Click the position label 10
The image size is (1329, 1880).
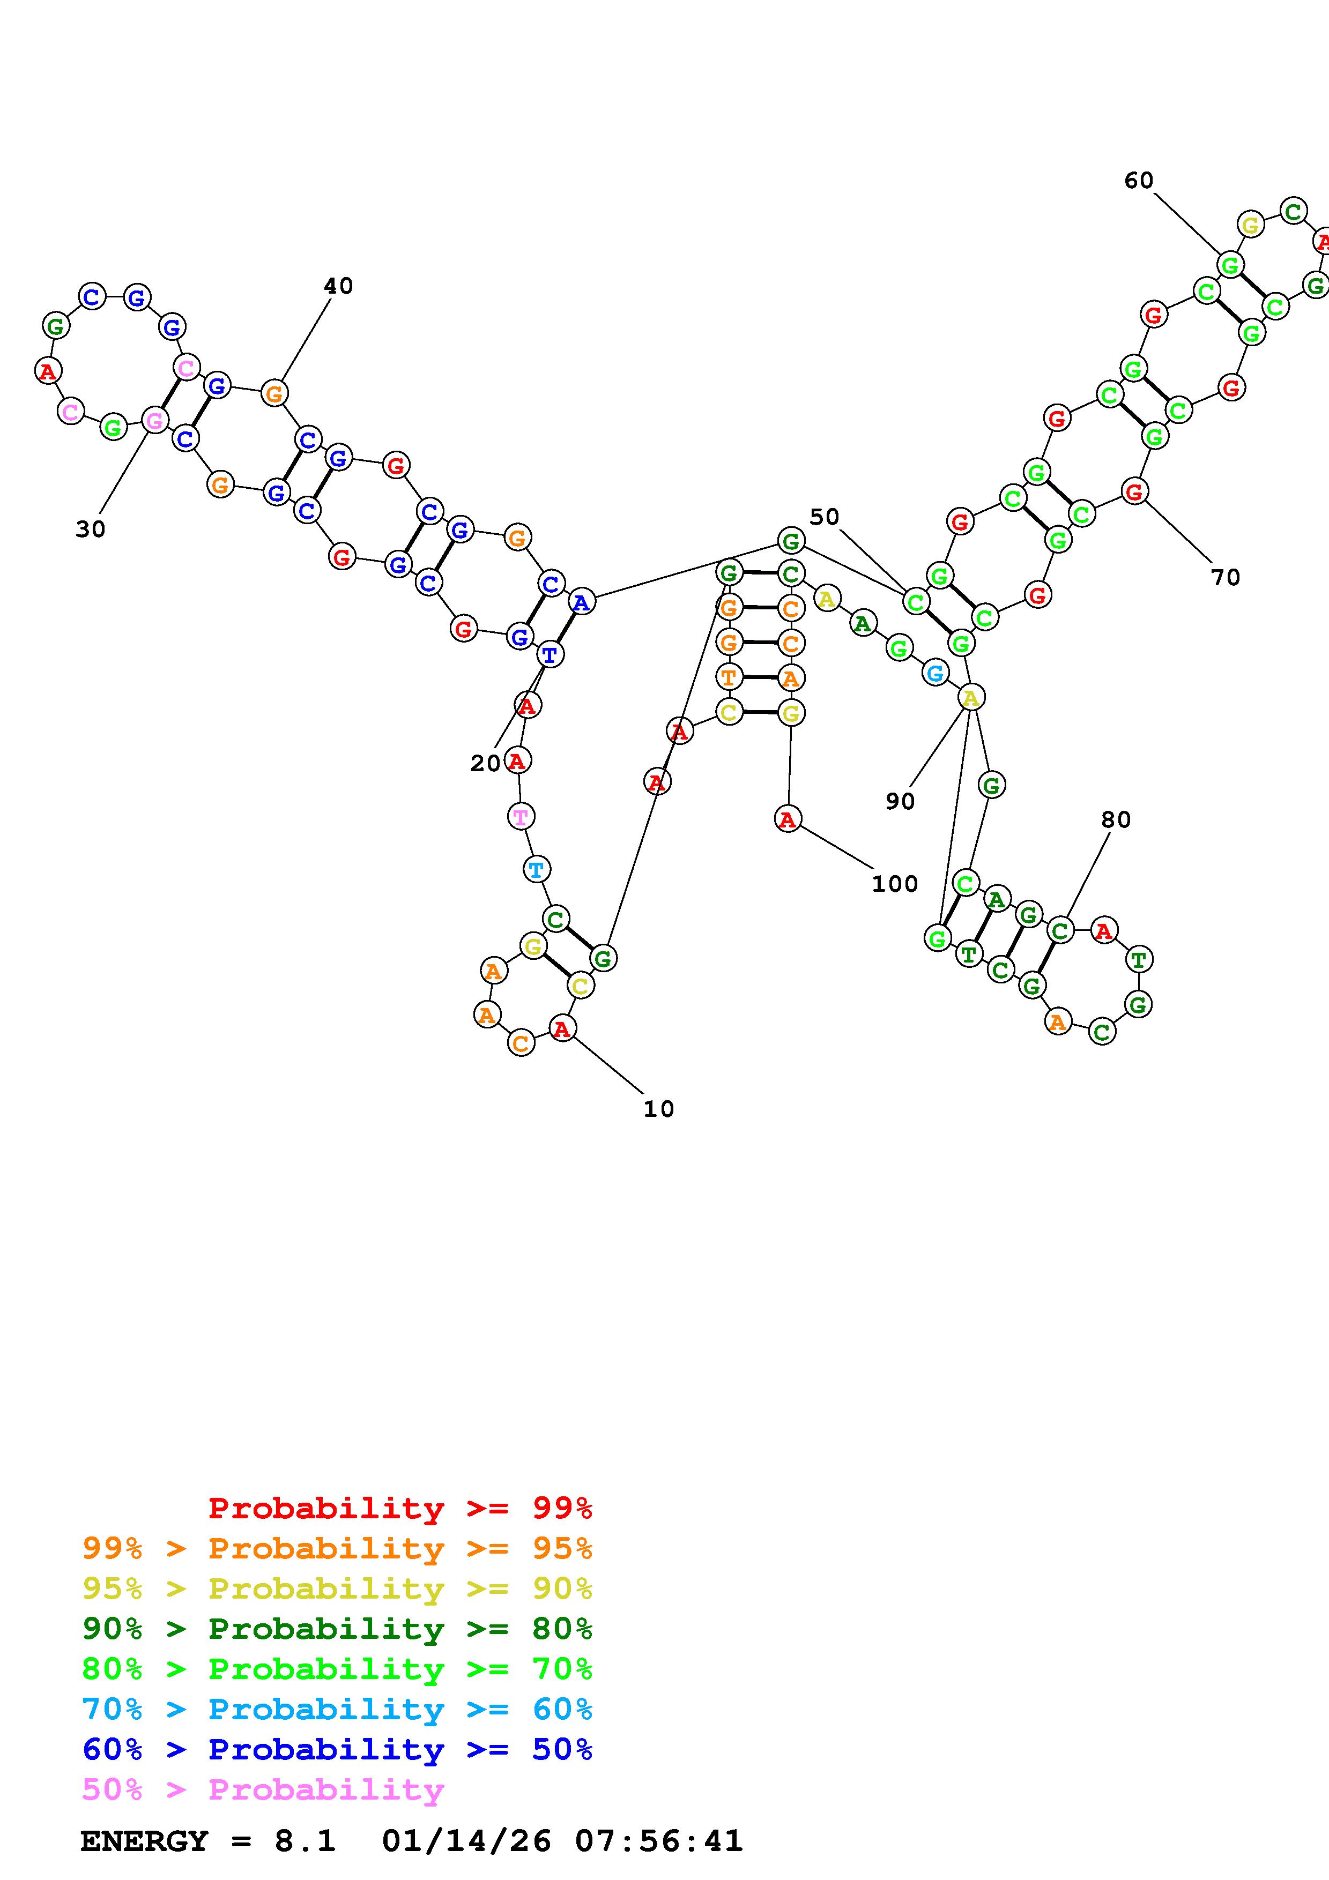tap(658, 1109)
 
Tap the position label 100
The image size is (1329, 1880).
tap(894, 884)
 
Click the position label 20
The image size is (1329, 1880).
tap(485, 763)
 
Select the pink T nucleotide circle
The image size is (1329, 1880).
tap(521, 816)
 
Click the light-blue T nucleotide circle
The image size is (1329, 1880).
tap(536, 870)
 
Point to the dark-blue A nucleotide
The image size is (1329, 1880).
tap(581, 603)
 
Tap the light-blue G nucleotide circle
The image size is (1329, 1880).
tap(934, 673)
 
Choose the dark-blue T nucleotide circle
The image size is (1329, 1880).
tap(550, 655)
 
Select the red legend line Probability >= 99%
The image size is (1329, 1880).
tap(400, 1508)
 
